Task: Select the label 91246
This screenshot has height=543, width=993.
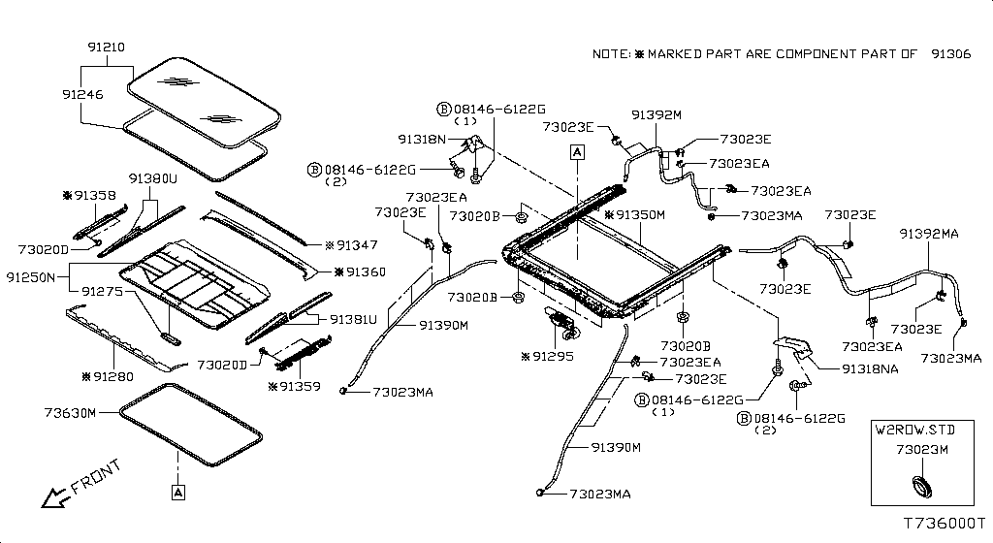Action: click(81, 95)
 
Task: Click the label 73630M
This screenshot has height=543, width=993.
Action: click(70, 412)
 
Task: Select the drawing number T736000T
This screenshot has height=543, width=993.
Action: click(944, 522)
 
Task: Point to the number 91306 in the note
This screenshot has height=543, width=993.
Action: click(951, 54)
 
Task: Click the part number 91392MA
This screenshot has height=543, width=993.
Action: click(928, 234)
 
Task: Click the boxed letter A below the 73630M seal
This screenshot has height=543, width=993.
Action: click(178, 493)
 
